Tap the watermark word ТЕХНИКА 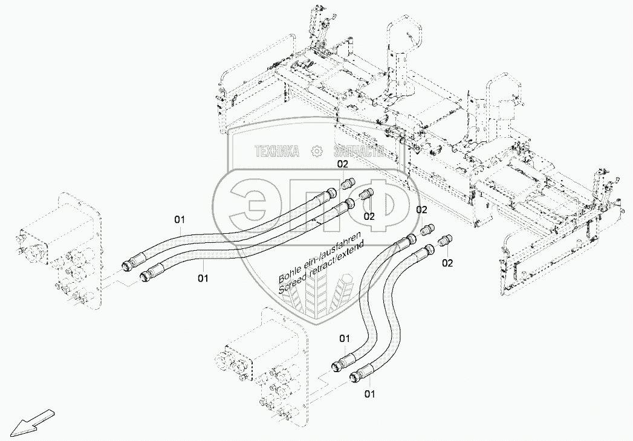[x=278, y=152]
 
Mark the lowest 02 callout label [x=447, y=263]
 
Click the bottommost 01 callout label [x=369, y=394]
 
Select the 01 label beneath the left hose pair [x=203, y=278]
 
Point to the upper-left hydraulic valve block [x=57, y=248]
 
